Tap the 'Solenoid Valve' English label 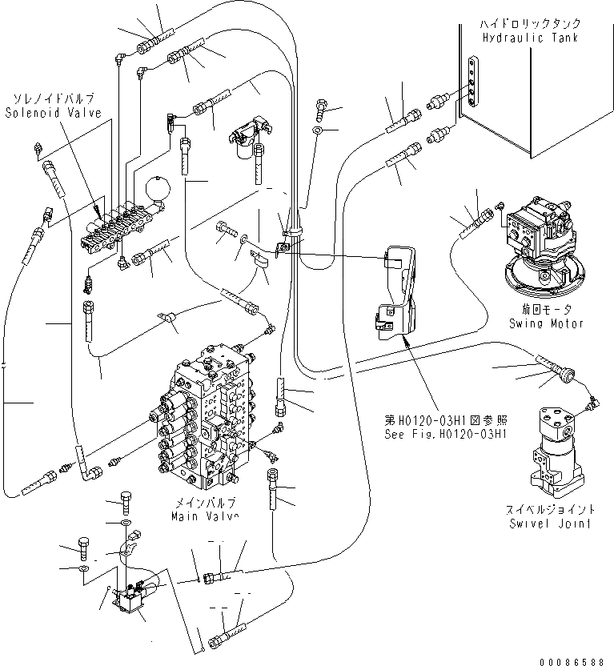[x=53, y=114]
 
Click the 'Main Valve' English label [x=204, y=516]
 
